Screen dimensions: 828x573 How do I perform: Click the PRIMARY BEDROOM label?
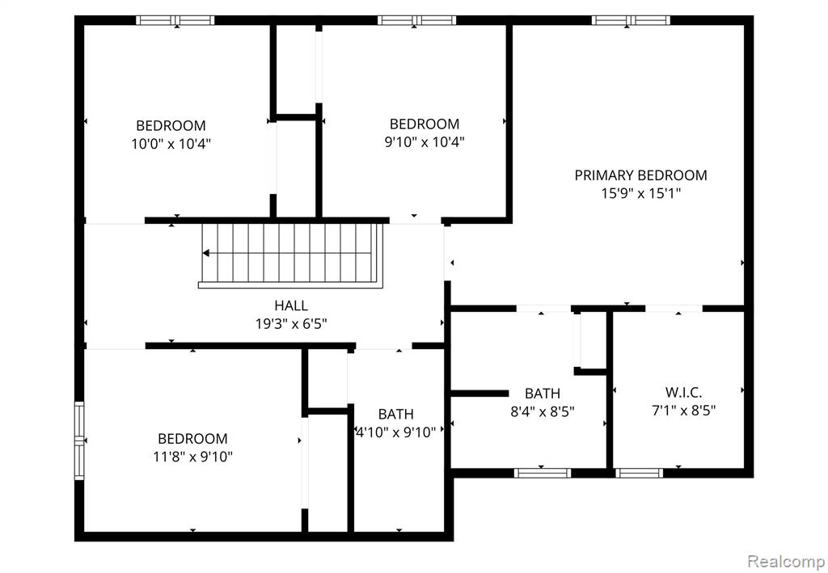click(640, 175)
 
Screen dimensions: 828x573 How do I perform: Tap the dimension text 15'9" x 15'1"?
click(640, 194)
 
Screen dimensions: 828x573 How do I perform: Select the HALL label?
click(291, 305)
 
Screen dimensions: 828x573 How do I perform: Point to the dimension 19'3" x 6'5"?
click(291, 324)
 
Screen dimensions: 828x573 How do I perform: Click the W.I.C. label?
click(683, 393)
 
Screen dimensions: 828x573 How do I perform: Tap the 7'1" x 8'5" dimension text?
click(683, 411)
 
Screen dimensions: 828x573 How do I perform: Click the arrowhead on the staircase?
click(206, 253)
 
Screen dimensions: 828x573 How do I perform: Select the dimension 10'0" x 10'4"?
click(171, 144)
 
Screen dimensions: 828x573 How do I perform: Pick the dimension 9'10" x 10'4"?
click(424, 142)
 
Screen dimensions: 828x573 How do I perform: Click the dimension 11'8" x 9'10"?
click(192, 457)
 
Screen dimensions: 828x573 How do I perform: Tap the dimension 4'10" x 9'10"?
click(395, 432)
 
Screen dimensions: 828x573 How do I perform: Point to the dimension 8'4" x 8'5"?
click(543, 411)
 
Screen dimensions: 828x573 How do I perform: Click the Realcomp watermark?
click(785, 560)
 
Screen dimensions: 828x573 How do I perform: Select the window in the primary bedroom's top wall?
click(631, 20)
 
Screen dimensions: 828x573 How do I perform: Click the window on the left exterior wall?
click(79, 440)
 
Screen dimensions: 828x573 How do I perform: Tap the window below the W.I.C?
click(639, 474)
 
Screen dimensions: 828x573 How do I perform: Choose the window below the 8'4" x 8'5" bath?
click(543, 474)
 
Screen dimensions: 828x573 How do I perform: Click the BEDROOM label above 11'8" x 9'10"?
click(192, 439)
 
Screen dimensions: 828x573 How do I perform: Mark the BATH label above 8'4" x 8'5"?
click(543, 393)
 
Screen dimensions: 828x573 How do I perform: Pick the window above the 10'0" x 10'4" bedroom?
click(175, 20)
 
